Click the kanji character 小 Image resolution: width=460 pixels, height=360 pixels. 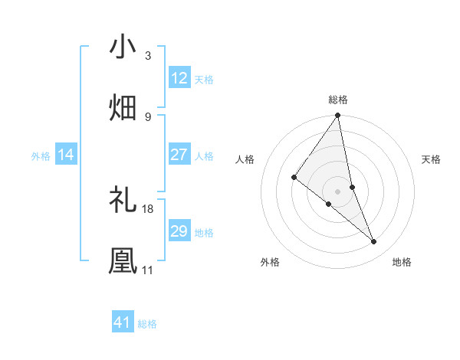click(x=123, y=47)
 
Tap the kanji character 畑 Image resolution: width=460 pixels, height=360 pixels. click(x=123, y=107)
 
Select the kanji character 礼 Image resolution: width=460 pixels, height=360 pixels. click(x=123, y=201)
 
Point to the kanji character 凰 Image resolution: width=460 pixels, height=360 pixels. click(x=123, y=260)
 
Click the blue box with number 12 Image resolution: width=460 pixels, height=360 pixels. click(x=179, y=78)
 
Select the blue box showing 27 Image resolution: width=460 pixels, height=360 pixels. click(x=179, y=155)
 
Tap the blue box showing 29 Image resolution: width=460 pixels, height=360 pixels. click(x=179, y=231)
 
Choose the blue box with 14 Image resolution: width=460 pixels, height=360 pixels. click(x=66, y=155)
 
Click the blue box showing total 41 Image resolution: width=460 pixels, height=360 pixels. click(x=123, y=322)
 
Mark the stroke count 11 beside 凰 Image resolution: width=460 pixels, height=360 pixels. click(x=147, y=270)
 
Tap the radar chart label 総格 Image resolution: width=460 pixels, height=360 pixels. click(x=338, y=100)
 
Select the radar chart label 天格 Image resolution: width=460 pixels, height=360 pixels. click(x=432, y=159)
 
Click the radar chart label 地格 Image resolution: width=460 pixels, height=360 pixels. click(x=402, y=262)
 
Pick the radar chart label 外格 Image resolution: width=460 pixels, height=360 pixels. click(x=270, y=262)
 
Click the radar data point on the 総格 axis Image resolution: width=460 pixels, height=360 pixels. click(x=338, y=116)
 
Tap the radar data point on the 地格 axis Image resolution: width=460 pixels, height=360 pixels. click(x=374, y=241)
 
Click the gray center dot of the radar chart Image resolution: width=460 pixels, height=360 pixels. click(x=338, y=191)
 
